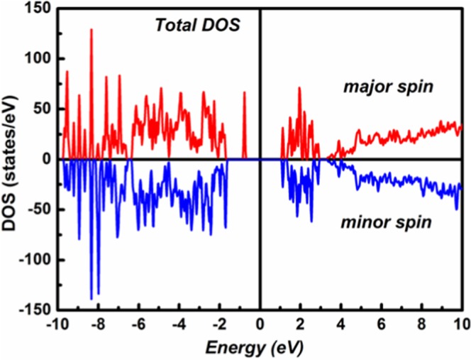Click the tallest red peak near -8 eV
coord(92,31)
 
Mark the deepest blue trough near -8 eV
coord(92,298)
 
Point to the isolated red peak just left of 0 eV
coord(244,92)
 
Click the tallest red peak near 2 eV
coord(299,89)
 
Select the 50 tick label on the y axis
coord(45,109)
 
